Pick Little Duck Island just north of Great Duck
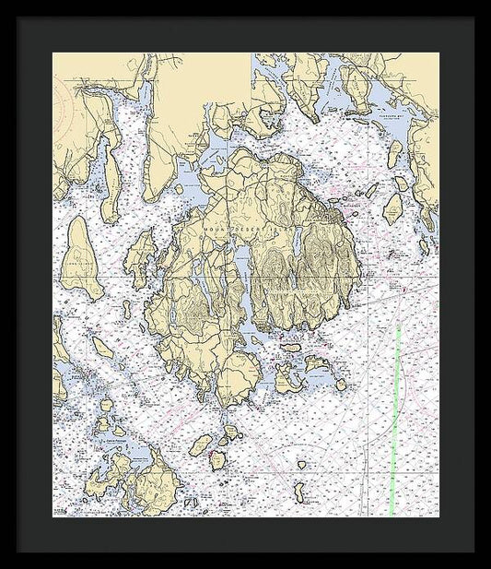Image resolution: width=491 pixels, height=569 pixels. point(301,467)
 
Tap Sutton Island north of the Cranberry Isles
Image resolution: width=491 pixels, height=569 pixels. point(291,348)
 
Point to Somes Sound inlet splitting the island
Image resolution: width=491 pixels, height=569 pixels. point(240,277)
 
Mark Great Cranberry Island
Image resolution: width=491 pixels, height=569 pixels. point(286,378)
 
